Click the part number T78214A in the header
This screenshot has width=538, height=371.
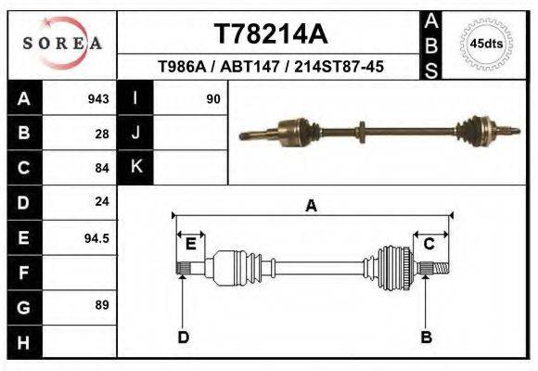tap(271, 34)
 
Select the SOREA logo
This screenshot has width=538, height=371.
tap(61, 44)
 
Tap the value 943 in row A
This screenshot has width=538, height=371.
tap(97, 98)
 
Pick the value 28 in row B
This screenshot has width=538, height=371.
tap(101, 133)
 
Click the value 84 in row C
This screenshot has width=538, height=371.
tap(101, 168)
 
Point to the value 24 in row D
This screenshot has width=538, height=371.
tap(101, 201)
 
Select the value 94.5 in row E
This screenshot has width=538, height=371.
tap(96, 237)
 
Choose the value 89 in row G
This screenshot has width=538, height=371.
tap(101, 305)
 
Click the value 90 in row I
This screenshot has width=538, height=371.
tap(212, 98)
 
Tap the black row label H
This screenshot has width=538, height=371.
tap(23, 340)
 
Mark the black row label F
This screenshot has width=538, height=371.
tap(23, 272)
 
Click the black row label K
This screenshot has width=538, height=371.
tap(135, 167)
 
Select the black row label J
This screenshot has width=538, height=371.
tap(135, 133)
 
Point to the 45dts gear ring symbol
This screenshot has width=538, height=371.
tap(486, 43)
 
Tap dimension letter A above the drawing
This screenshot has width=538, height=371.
tap(312, 206)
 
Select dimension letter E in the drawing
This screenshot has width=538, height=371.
tap(190, 243)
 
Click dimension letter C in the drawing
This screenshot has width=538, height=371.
tap(429, 243)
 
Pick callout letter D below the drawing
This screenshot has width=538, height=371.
tap(183, 337)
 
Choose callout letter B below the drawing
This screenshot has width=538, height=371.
tap(427, 337)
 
